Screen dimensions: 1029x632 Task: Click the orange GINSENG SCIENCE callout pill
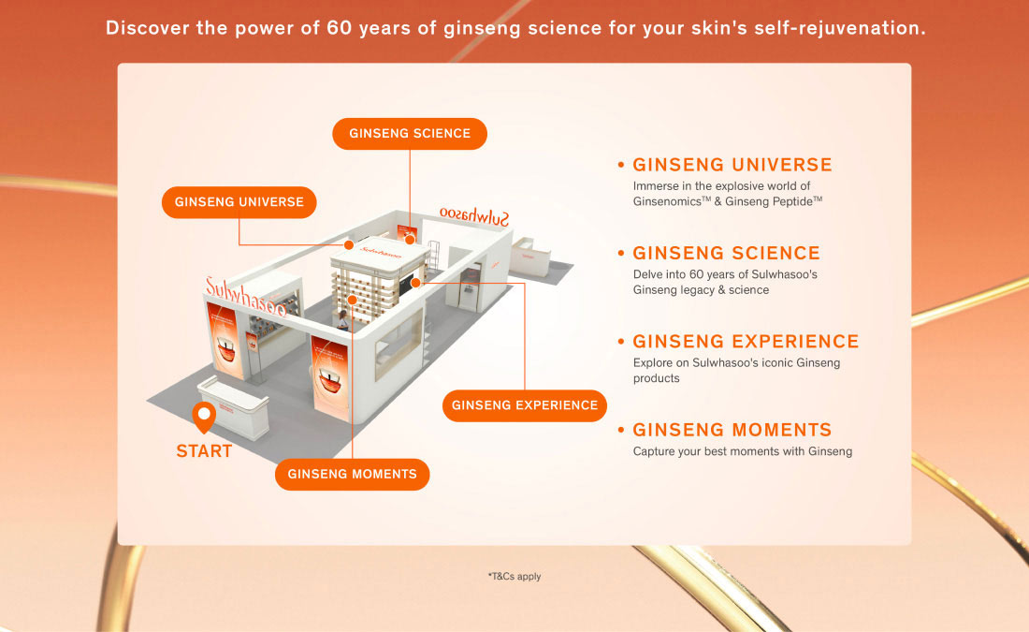410,133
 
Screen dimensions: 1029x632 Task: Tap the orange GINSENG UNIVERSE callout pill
239,202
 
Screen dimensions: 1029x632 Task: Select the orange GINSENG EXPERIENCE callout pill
525,405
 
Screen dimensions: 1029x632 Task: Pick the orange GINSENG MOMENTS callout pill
353,475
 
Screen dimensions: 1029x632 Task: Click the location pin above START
204,416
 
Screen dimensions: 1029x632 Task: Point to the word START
204,451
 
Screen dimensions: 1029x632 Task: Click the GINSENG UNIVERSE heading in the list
732,165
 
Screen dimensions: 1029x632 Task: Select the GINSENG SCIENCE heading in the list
727,253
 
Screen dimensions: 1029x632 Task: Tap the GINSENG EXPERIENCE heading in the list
746,342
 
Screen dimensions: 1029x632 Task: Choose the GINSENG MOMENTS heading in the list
732,430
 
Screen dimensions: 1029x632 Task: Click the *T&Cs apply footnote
514,576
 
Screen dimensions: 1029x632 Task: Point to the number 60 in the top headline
340,28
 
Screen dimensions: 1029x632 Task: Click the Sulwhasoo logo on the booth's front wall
245,297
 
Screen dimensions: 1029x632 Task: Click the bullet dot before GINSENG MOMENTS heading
621,430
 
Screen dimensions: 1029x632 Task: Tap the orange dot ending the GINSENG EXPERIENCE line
415,283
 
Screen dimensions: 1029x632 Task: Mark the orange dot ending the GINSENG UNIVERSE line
349,245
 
